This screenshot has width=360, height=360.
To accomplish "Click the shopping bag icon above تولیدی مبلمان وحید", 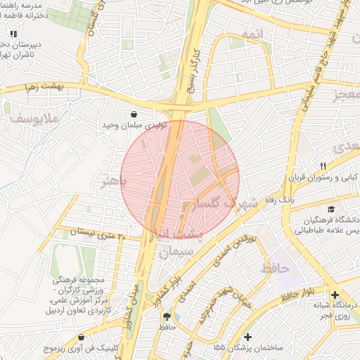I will (134, 114).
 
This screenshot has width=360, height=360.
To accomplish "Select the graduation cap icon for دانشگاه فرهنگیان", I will (330, 208).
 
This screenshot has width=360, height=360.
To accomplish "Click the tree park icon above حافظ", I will (167, 316).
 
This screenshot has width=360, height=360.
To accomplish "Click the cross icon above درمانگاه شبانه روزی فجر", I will (335, 295).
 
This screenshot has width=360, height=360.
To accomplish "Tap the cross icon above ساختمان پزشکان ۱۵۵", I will (247, 337).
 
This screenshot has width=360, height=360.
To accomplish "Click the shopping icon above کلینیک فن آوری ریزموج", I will (82, 337).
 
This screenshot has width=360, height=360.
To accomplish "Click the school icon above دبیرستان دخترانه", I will (13, 33).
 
